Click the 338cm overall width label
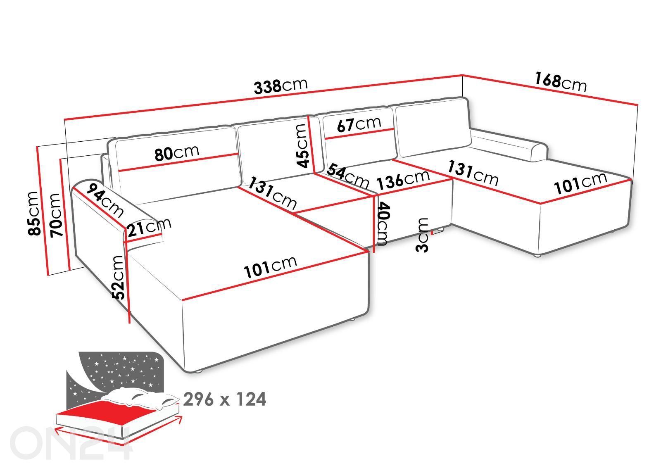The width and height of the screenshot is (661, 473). coord(281,86)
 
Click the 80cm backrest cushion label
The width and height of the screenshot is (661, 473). coord(177,152)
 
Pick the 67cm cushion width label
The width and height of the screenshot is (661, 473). coord(359,124)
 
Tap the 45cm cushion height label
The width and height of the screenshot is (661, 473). coord(302,145)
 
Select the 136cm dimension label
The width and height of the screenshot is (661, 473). coord(404,179)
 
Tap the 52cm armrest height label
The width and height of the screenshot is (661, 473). coord(118,277)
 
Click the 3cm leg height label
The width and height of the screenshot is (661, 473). coord(423,234)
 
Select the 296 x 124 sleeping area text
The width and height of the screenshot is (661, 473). coord(224,399)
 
